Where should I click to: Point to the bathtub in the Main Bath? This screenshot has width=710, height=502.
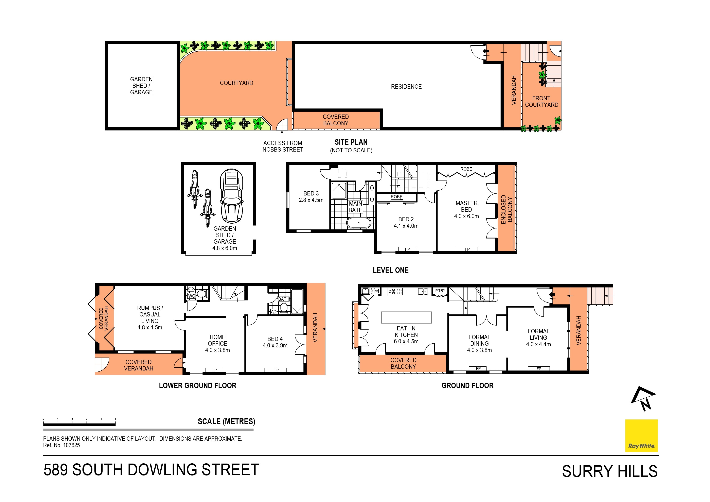(358, 223)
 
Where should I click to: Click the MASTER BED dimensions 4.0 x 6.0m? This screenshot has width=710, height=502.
(466, 216)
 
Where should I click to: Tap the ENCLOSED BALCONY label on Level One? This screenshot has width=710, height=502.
(506, 209)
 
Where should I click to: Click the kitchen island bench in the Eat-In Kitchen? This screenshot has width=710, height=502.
(406, 317)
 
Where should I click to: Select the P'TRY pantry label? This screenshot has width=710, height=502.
(440, 291)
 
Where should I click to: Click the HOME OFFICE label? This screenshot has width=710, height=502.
(217, 340)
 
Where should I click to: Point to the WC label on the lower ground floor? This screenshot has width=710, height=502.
(191, 296)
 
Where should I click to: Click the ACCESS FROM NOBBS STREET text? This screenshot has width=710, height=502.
(283, 146)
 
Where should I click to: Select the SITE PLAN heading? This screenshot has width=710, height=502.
(351, 142)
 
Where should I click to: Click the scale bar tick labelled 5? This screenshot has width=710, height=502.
(115, 419)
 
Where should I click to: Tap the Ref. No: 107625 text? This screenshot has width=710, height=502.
(61, 445)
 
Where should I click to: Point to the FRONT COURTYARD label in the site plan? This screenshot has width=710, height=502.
(542, 101)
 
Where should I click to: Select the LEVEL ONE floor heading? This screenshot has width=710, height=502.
(391, 270)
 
